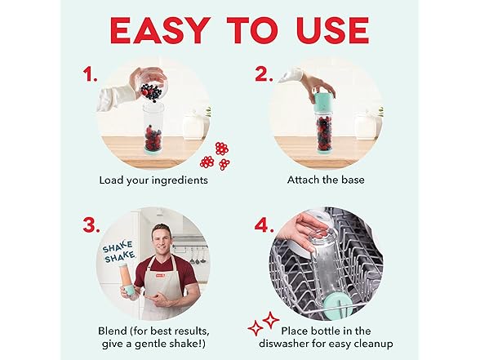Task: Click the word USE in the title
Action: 332,30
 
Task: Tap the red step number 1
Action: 90,74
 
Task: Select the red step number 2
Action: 264,74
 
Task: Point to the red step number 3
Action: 91,225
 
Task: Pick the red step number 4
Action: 264,225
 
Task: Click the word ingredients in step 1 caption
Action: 180,180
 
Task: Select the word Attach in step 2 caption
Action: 301,180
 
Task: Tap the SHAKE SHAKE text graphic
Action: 119,251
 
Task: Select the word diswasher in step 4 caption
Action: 284,344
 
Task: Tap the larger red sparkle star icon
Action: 271,320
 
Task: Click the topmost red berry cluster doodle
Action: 222,149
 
